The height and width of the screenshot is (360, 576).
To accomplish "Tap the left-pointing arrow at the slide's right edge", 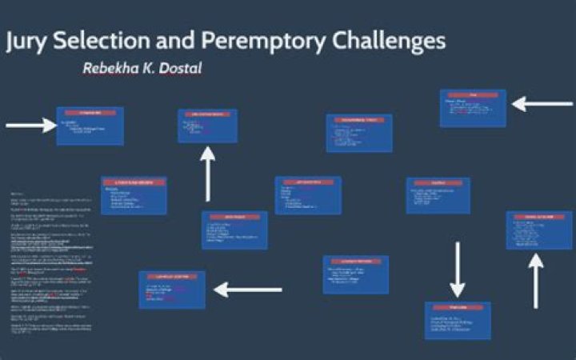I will [542, 104].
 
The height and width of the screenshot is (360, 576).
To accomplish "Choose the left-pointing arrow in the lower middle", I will [248, 290].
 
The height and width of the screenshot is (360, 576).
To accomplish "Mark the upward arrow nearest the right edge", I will [536, 280].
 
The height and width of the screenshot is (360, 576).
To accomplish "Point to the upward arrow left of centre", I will [208, 174].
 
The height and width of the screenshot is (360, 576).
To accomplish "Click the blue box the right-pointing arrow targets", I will [90, 126].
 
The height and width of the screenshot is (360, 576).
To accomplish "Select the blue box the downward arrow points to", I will [458, 320].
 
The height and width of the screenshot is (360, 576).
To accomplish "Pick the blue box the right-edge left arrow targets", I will [473, 108].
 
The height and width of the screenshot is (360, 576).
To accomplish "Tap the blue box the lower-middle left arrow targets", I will [172, 290].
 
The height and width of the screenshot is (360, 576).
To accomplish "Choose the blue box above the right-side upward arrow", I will [538, 230].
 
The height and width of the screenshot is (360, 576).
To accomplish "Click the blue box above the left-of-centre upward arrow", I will [207, 126].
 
